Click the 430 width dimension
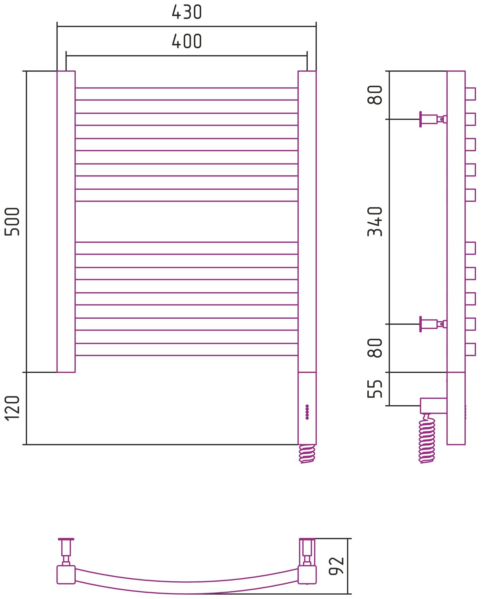click(x=186, y=12)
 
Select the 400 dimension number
click(x=186, y=41)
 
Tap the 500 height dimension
click(x=12, y=221)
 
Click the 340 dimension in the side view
click(x=375, y=221)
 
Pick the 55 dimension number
click(x=375, y=389)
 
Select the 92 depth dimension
click(x=336, y=566)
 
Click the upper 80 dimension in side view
click(x=375, y=95)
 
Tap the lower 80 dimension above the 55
click(x=375, y=348)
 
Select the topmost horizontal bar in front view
click(x=186, y=94)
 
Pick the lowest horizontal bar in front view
click(x=186, y=349)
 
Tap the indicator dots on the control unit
click(x=307, y=412)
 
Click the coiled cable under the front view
click(x=307, y=454)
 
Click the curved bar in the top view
click(x=186, y=587)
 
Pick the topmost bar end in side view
click(x=470, y=94)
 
